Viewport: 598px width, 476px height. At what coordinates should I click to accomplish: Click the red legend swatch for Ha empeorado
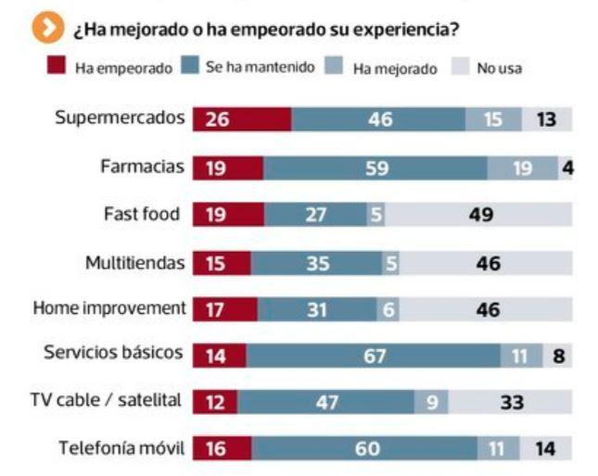tap(57, 68)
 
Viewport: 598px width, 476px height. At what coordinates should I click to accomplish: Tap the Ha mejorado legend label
tap(394, 69)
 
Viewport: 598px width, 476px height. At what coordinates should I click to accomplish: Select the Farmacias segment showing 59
tap(375, 168)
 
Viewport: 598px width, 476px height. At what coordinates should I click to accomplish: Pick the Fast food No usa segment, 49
tap(479, 215)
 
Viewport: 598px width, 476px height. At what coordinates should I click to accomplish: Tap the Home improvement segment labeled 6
tap(388, 309)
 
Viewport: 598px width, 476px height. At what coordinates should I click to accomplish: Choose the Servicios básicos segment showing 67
tap(374, 356)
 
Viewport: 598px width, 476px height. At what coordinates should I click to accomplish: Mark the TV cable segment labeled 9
tap(431, 402)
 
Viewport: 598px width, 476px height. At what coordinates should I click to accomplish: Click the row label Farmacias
tap(143, 168)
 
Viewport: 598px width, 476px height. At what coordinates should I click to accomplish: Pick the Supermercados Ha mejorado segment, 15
tap(493, 120)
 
